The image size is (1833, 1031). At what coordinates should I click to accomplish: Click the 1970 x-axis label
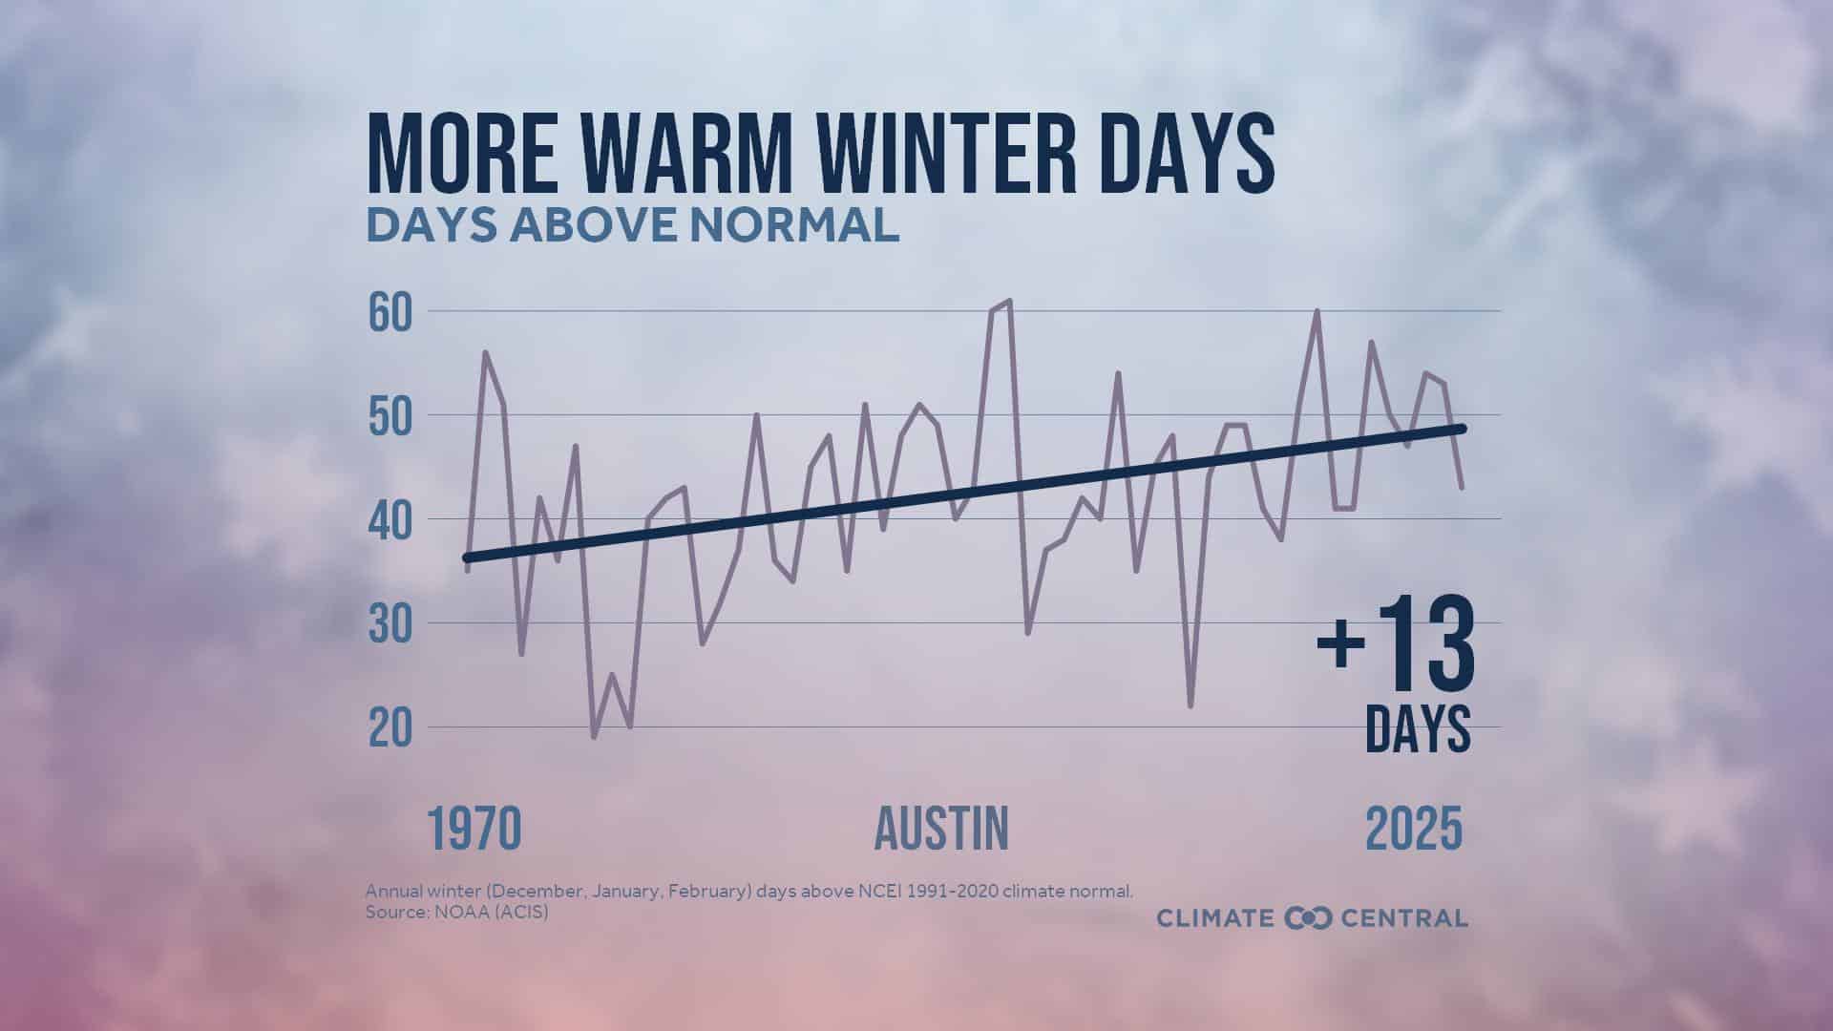[x=474, y=829]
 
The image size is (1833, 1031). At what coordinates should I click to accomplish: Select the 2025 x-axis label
[x=1414, y=829]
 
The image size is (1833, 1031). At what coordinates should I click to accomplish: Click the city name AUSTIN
[x=942, y=829]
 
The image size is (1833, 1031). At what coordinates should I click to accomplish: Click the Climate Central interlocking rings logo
[x=1308, y=918]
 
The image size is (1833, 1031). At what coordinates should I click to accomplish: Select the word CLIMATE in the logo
[x=1215, y=918]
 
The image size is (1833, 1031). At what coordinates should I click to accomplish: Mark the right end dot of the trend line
[x=1462, y=429]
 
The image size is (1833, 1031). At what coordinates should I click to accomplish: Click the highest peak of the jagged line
[x=1010, y=301]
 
